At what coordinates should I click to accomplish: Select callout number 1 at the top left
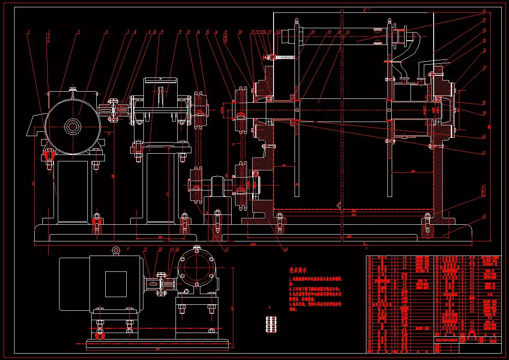29,32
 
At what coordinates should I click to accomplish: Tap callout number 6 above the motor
106,32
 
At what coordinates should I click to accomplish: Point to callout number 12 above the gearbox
180,32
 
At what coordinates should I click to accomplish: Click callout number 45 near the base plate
484,217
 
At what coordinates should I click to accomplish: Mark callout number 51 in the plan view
145,249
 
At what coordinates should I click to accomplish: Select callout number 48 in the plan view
177,249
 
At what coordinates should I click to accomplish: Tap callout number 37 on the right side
484,68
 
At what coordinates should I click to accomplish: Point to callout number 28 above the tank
313,32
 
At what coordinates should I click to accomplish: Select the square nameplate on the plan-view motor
116,284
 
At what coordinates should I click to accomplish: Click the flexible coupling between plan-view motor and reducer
161,284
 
